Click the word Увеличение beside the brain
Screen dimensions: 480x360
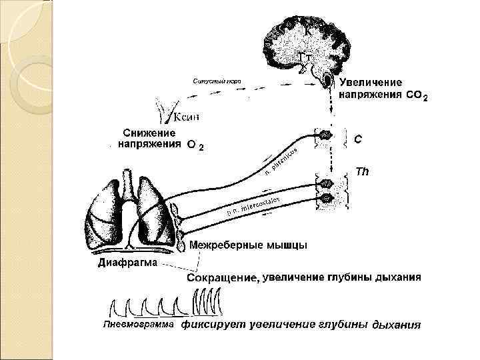(x=371, y=83)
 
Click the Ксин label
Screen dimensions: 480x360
(x=186, y=117)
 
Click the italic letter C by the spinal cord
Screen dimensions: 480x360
(x=358, y=139)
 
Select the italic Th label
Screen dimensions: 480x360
(x=363, y=171)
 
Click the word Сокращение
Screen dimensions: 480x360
(x=221, y=278)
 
